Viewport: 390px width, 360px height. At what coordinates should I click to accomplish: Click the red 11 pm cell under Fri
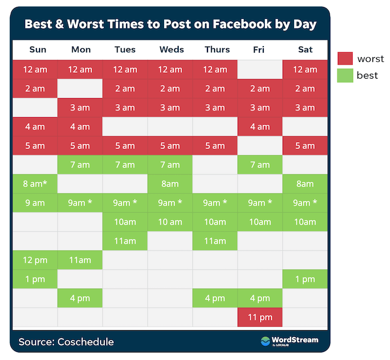[x=260, y=317]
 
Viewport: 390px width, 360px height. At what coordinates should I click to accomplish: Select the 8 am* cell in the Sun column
[x=35, y=184]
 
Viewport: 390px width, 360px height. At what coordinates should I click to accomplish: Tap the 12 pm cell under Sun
[x=35, y=260]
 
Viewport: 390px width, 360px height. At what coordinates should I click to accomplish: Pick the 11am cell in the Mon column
[x=80, y=260]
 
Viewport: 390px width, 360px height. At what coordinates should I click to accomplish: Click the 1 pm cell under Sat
[x=305, y=279]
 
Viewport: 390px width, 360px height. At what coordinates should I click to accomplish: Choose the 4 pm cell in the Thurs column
[x=215, y=298]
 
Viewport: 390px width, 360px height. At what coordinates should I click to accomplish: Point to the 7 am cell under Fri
[x=260, y=165]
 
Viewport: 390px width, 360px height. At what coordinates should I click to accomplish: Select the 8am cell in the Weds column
[x=170, y=184]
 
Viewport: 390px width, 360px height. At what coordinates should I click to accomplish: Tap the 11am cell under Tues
[x=125, y=241]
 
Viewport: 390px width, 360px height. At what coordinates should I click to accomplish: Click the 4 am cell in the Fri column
[x=260, y=127]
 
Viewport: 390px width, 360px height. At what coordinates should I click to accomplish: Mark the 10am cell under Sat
[x=305, y=222]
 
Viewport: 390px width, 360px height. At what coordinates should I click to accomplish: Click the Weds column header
[x=170, y=50]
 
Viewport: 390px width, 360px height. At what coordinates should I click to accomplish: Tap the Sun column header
[x=38, y=50]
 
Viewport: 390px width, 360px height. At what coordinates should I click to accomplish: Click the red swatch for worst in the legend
[x=345, y=59]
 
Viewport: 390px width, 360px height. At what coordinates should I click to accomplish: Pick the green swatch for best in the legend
[x=345, y=75]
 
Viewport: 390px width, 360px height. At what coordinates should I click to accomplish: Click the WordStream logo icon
[x=265, y=341]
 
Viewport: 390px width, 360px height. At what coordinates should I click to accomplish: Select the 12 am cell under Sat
[x=305, y=69]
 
